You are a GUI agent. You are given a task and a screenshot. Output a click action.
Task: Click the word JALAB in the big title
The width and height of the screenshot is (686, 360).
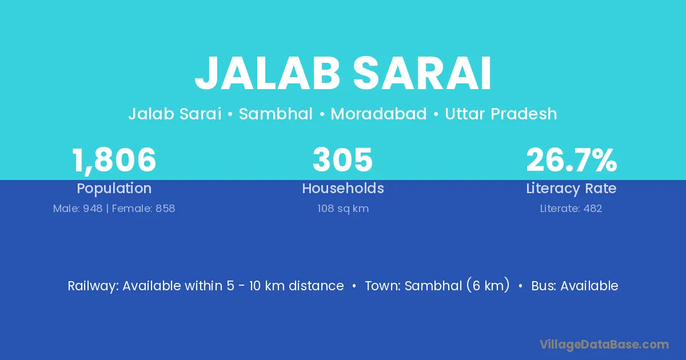pos(268,74)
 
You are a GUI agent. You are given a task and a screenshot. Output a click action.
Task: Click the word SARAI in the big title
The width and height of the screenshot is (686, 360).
pos(422,74)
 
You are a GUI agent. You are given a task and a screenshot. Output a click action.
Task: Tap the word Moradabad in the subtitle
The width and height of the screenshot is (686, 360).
pos(378,114)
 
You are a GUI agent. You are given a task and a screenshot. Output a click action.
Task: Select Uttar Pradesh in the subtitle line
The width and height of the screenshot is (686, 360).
pos(501,114)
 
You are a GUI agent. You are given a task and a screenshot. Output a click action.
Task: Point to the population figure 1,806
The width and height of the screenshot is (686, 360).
pos(114,161)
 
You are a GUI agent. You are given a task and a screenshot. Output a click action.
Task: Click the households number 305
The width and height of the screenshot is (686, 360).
pos(342,160)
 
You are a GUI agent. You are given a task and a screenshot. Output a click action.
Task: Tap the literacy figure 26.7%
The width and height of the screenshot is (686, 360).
pos(572,160)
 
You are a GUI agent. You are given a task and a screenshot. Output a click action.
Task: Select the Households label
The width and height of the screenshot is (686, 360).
pos(343,188)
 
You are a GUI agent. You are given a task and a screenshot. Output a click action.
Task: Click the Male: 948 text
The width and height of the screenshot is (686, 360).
pos(78,209)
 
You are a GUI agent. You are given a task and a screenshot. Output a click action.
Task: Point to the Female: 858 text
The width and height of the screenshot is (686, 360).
pos(143,209)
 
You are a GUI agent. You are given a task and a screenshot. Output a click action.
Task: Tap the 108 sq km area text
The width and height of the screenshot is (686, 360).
pos(343,209)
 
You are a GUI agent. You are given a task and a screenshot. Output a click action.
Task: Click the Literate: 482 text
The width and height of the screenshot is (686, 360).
pos(571,209)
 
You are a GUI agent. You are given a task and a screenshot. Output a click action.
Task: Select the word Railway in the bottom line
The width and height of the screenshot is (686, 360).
pos(91,286)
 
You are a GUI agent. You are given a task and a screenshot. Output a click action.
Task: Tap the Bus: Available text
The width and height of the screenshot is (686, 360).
pos(575,286)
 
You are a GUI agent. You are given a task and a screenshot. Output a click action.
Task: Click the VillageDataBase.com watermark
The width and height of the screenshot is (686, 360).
pos(604,345)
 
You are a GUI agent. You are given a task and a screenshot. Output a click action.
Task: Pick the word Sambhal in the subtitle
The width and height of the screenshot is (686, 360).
pos(276,114)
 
